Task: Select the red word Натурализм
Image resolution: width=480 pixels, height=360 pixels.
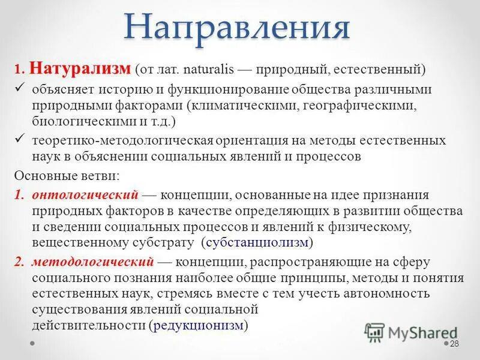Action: tap(79, 68)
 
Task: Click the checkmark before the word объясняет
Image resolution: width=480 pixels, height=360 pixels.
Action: tap(19, 89)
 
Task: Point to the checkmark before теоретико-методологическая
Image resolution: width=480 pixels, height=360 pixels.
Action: tap(19, 140)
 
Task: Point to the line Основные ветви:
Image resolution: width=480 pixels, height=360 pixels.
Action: tap(66, 176)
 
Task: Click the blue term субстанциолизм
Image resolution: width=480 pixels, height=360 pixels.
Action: tap(258, 242)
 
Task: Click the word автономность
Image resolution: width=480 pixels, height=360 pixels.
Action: tap(389, 294)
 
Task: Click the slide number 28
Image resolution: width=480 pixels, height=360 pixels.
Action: tap(454, 343)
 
